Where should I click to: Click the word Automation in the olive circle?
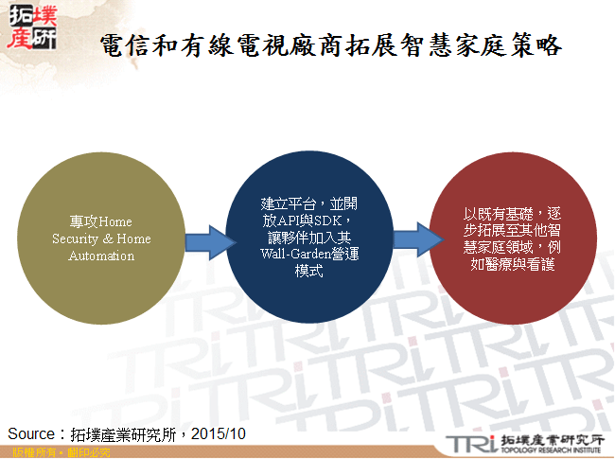(x=101, y=256)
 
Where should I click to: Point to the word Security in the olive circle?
(x=74, y=239)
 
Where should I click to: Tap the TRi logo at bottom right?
(x=468, y=442)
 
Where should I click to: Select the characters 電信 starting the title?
(x=123, y=46)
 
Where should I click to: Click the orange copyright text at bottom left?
(x=56, y=453)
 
